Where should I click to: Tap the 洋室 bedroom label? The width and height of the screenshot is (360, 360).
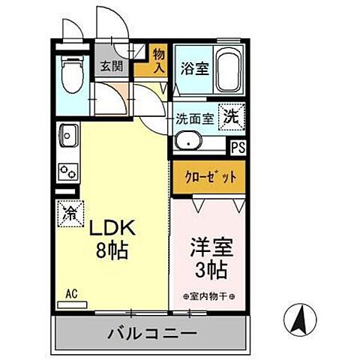point(205,245)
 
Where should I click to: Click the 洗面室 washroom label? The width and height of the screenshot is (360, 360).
point(193,118)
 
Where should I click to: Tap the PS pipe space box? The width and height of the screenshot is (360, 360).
point(238,148)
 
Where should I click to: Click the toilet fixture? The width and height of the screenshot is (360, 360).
point(71,73)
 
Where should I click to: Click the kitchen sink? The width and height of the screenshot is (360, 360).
point(67,136)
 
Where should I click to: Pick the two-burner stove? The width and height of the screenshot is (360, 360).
point(67,170)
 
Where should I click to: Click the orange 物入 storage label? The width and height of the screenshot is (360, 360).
point(159,60)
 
